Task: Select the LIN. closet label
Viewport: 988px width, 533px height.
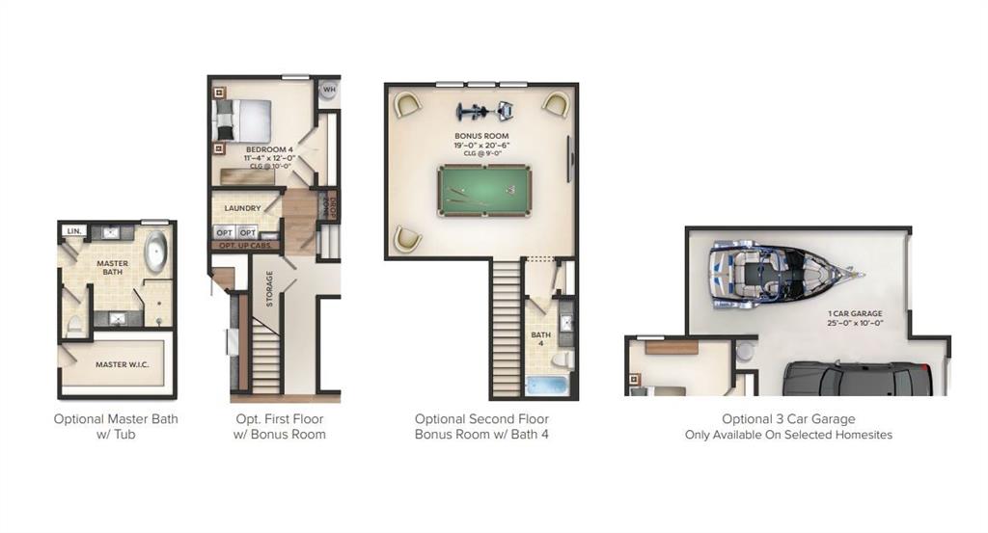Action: (x=72, y=231)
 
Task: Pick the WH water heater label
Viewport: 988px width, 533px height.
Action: (x=329, y=90)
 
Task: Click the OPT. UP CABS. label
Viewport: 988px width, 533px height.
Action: (x=246, y=247)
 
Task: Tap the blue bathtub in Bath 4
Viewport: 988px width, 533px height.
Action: (x=549, y=386)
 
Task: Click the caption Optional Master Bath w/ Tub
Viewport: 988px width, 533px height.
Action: (x=116, y=426)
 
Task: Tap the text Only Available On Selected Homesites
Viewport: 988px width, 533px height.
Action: (x=788, y=435)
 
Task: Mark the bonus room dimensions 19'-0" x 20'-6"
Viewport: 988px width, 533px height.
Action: (x=481, y=145)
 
